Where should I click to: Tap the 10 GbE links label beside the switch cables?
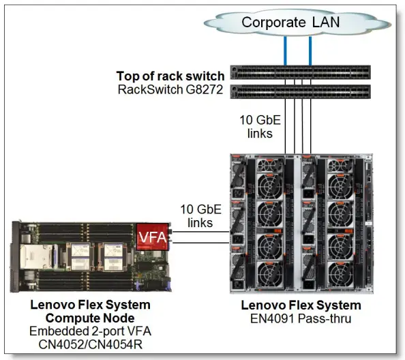[x=258, y=127]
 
